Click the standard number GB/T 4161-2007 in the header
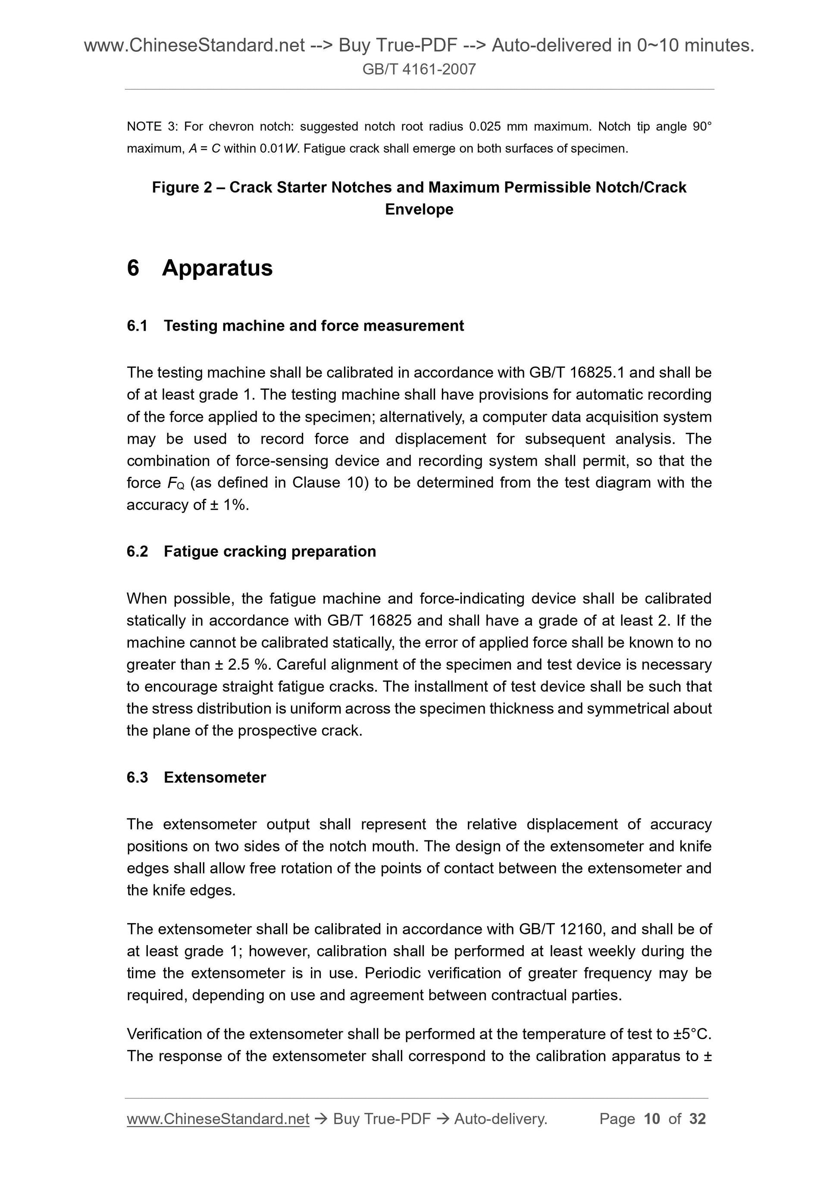coord(419,69)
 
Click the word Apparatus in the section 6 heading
coord(217,268)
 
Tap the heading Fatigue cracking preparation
coord(269,551)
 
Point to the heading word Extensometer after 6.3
coord(215,777)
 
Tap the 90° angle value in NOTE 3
coord(701,127)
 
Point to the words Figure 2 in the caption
coord(182,187)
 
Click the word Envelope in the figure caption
coord(419,210)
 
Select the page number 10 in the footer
coord(652,1119)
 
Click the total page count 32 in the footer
coord(697,1119)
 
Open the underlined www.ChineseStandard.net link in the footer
coord(218,1119)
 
